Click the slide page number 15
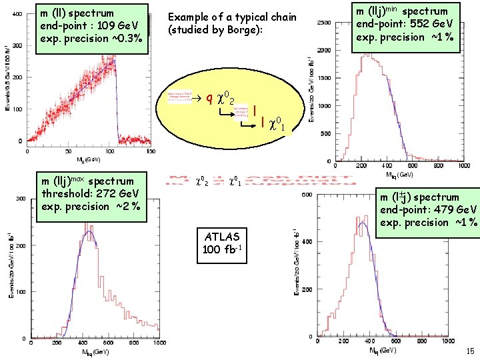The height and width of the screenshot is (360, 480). pyautogui.click(x=470, y=351)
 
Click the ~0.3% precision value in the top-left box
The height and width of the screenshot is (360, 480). pyautogui.click(x=126, y=38)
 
